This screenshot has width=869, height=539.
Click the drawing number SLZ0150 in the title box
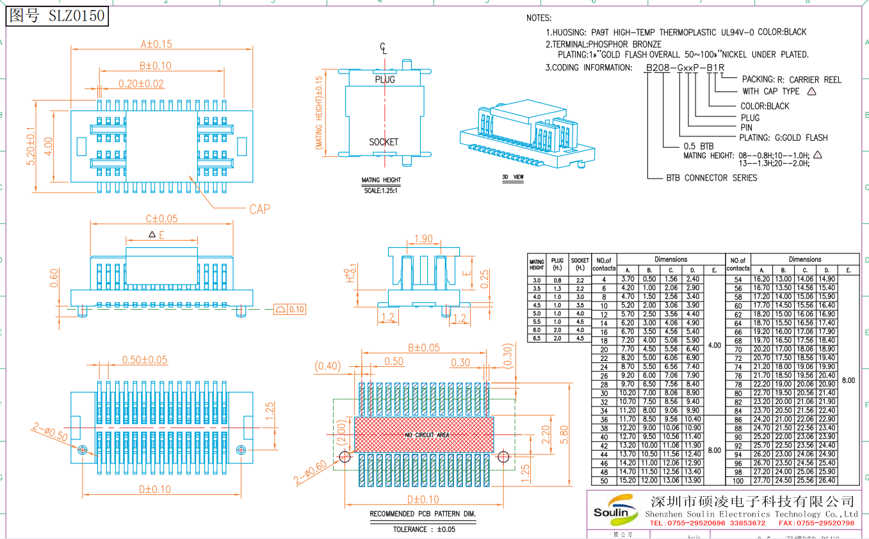(76, 16)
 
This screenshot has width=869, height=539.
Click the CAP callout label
(259, 209)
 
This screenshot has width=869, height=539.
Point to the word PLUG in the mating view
(385, 79)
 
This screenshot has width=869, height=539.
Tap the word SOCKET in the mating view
(384, 142)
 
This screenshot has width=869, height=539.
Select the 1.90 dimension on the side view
(423, 239)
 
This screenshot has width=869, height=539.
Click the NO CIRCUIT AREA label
(427, 435)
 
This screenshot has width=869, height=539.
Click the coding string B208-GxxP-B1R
(685, 68)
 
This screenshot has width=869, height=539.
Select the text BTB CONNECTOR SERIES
(711, 178)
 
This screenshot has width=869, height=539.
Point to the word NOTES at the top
(539, 18)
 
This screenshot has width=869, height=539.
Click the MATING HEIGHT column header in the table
(537, 264)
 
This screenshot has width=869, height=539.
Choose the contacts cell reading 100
(738, 481)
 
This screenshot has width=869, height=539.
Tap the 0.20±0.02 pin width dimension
(141, 84)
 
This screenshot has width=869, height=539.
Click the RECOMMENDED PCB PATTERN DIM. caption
(423, 514)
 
